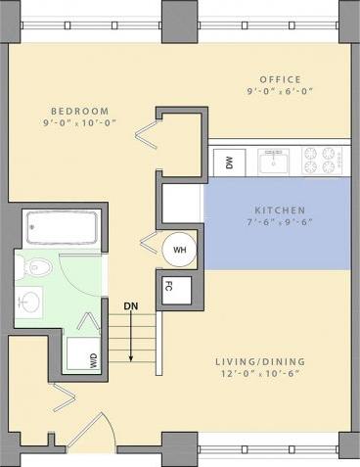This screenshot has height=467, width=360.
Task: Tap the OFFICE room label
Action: (281, 79)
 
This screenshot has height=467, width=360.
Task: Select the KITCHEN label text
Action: (281, 210)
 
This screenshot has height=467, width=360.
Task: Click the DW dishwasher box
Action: (229, 163)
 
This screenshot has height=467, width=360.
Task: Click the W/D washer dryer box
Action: (93, 357)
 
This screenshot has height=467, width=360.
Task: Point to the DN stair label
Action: (130, 305)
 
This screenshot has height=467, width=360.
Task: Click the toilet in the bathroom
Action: (39, 265)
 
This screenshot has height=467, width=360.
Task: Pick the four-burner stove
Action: (320, 160)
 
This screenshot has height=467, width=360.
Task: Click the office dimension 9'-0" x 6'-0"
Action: (281, 94)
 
